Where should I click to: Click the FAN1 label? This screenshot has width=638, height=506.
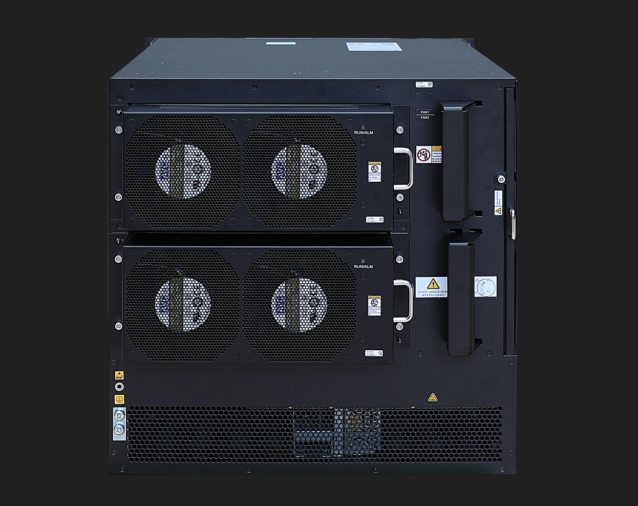[x=425, y=112]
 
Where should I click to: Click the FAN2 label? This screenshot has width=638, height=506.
[x=425, y=118]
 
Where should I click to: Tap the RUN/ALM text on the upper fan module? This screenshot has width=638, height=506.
[x=364, y=133]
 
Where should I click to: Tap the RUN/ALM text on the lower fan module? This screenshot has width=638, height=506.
[x=364, y=267]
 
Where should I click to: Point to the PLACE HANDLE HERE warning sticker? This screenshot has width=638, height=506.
[x=432, y=287]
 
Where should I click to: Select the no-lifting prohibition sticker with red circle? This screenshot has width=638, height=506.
[x=423, y=155]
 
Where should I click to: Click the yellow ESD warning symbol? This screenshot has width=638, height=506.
[x=119, y=375]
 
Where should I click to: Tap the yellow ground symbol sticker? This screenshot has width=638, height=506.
[x=119, y=399]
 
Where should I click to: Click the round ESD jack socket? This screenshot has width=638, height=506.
[x=119, y=387]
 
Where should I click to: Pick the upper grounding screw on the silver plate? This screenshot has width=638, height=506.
[x=119, y=415]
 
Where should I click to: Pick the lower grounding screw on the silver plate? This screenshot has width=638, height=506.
[x=119, y=429]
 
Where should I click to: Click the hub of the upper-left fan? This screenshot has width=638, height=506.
[x=183, y=171]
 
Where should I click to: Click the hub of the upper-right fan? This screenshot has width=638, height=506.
[x=300, y=171]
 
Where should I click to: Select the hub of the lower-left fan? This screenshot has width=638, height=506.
[x=183, y=304]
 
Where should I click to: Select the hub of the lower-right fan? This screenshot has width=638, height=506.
[x=300, y=304]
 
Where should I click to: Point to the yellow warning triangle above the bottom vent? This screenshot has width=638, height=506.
[x=433, y=397]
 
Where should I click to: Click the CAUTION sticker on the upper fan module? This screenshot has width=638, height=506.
[x=375, y=172]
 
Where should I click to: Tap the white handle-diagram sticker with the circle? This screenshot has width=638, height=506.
[x=485, y=287]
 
